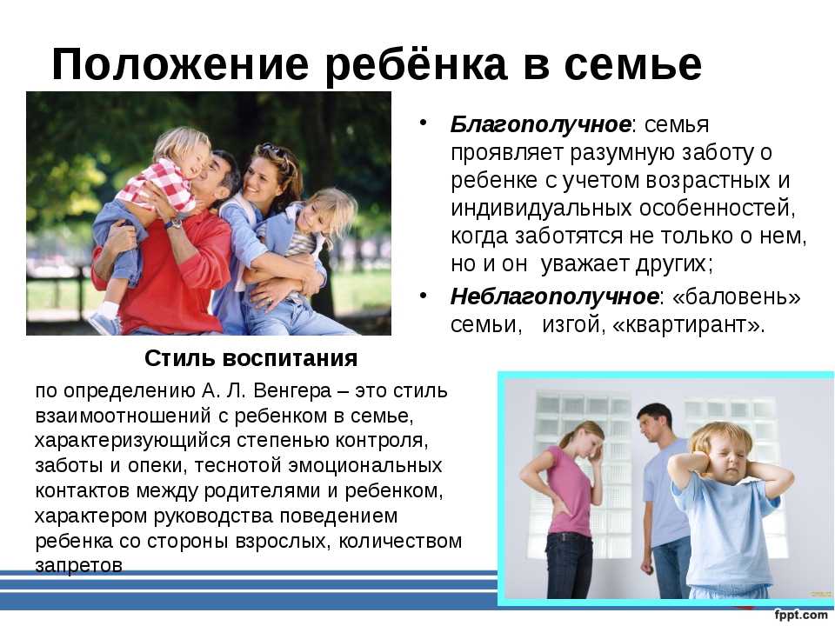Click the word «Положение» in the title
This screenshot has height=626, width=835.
pos(180,64)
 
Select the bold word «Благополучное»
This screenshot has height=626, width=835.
pos(540,124)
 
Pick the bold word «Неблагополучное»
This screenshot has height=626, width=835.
pos(554,296)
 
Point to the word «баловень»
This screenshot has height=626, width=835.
pos(737,296)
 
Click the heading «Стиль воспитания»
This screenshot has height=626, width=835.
pos(250,358)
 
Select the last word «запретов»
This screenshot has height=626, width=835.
pos(79,565)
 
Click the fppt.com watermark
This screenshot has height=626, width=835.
pos(800,614)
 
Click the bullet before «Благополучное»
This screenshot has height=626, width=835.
pos(424,123)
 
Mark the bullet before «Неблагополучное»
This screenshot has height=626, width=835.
pos(424,295)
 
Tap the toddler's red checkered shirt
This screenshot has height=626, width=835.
pos(160,184)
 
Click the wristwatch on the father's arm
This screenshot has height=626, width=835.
pos(174,223)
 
